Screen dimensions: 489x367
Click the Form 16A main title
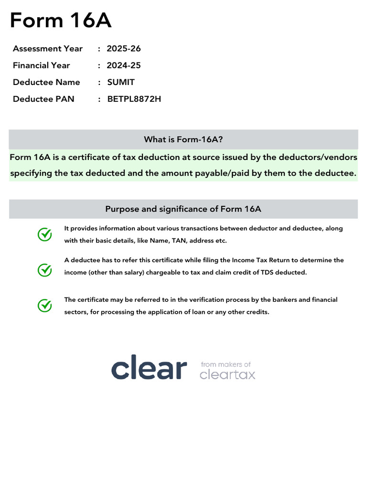pyautogui.click(x=61, y=21)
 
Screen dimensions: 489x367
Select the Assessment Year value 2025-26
pyautogui.click(x=124, y=49)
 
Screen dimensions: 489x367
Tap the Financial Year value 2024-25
pyautogui.click(x=124, y=65)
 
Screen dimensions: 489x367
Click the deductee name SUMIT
pyautogui.click(x=121, y=82)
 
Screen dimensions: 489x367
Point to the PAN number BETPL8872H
pyautogui.click(x=134, y=99)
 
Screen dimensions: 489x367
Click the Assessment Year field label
pyautogui.click(x=48, y=49)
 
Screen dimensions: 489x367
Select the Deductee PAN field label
pyautogui.click(x=43, y=99)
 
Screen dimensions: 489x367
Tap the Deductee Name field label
pyautogui.click(x=46, y=82)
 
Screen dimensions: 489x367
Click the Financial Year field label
pyautogui.click(x=42, y=65)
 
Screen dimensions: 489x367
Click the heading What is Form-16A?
pyautogui.click(x=183, y=139)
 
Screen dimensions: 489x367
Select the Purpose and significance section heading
pyautogui.click(x=183, y=209)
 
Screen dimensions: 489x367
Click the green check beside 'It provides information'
pyautogui.click(x=45, y=234)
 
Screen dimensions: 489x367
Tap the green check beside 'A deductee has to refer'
pyautogui.click(x=45, y=270)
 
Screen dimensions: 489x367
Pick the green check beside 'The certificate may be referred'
pyautogui.click(x=45, y=306)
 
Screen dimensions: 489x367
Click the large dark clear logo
pyautogui.click(x=149, y=368)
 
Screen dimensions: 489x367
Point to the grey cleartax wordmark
pyautogui.click(x=227, y=375)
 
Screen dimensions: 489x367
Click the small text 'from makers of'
pyautogui.click(x=226, y=364)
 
